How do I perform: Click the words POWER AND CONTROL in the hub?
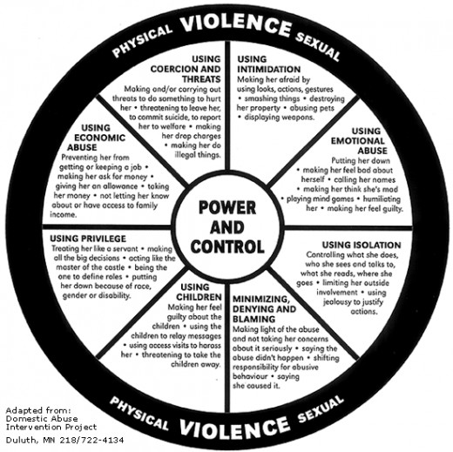click(x=227, y=226)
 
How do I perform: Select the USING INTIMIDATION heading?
click(x=269, y=64)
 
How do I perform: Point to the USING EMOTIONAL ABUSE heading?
click(x=359, y=141)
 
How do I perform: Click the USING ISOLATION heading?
click(x=362, y=245)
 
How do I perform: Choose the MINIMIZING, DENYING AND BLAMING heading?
click(x=264, y=309)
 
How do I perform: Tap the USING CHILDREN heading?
click(x=199, y=292)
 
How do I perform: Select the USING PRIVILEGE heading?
click(x=88, y=239)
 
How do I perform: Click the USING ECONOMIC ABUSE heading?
click(x=96, y=138)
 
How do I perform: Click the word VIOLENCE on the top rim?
click(x=236, y=25)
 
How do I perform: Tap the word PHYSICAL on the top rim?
click(x=142, y=41)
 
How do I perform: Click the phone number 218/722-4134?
click(x=91, y=440)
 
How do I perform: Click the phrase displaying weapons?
click(x=280, y=118)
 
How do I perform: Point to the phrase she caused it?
click(x=256, y=386)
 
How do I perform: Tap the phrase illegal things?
click(x=198, y=155)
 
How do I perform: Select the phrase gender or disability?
click(x=97, y=296)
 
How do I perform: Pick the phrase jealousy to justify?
click(x=354, y=302)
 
